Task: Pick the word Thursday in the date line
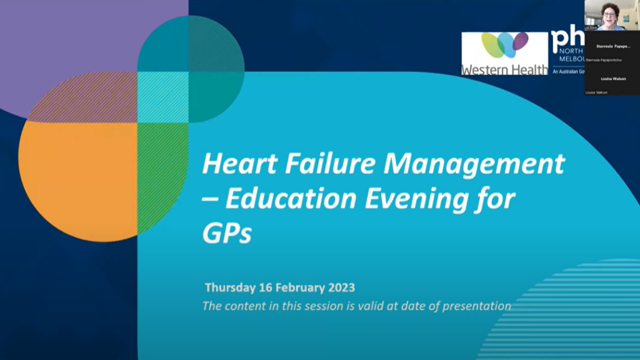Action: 229,288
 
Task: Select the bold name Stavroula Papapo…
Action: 612,46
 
